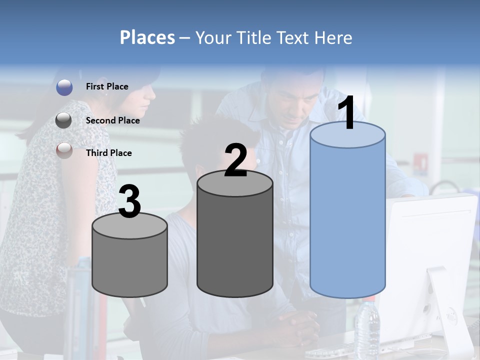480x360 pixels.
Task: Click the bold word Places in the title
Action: click(147, 37)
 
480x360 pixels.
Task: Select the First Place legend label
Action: click(107, 86)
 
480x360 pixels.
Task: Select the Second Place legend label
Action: click(112, 120)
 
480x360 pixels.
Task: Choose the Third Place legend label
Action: click(108, 153)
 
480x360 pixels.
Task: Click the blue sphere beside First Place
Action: click(64, 87)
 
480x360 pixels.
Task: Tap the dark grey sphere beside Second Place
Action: click(64, 120)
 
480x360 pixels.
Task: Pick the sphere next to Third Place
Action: click(64, 151)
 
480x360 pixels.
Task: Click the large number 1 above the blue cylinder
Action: click(347, 114)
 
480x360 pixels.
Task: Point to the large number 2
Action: click(236, 161)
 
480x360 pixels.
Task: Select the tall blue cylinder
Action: click(347, 215)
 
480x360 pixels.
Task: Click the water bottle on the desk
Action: click(367, 327)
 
